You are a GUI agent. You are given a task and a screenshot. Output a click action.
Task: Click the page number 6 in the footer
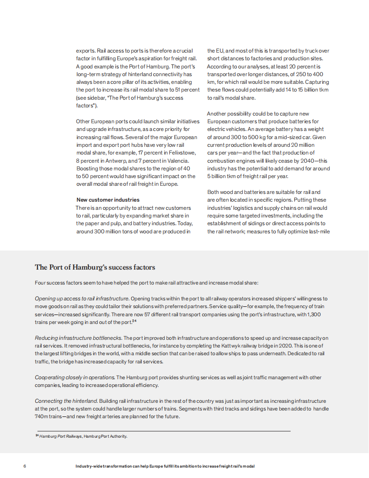(24, 466)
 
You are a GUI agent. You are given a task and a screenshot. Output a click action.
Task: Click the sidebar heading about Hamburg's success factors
(95, 267)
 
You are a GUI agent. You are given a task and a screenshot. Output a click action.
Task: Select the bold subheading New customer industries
(108, 200)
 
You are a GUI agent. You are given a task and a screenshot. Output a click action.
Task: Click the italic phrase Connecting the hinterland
(66, 401)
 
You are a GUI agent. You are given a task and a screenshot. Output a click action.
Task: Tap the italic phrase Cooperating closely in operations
(75, 377)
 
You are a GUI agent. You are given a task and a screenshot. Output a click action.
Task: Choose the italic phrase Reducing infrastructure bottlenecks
(78, 338)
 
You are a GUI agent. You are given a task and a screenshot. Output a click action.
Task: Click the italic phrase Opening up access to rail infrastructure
(82, 299)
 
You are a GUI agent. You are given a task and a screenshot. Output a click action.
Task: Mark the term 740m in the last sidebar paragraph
(42, 417)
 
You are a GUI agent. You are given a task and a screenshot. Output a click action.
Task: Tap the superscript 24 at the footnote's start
(37, 436)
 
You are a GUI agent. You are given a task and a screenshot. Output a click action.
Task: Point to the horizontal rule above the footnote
(163, 430)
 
